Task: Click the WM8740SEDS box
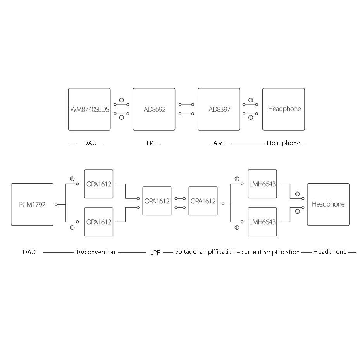click(x=89, y=109)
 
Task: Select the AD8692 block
click(x=154, y=109)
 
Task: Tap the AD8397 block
click(x=219, y=109)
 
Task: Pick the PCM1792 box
click(x=32, y=204)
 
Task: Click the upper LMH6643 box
click(x=262, y=184)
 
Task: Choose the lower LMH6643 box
click(x=262, y=222)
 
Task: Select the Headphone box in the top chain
click(x=284, y=109)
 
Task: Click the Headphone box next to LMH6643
click(x=328, y=204)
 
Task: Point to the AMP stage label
click(x=220, y=143)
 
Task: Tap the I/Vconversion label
click(x=96, y=252)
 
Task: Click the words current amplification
click(x=270, y=252)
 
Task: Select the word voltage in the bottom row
click(x=186, y=252)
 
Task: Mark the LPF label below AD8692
click(x=152, y=143)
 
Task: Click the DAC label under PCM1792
click(x=29, y=252)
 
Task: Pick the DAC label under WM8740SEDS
click(x=90, y=143)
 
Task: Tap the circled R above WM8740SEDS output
click(x=121, y=100)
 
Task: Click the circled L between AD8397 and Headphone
click(x=251, y=117)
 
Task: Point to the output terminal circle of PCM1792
click(x=56, y=204)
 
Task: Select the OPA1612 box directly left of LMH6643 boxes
click(x=203, y=201)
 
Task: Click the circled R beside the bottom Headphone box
click(x=298, y=194)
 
